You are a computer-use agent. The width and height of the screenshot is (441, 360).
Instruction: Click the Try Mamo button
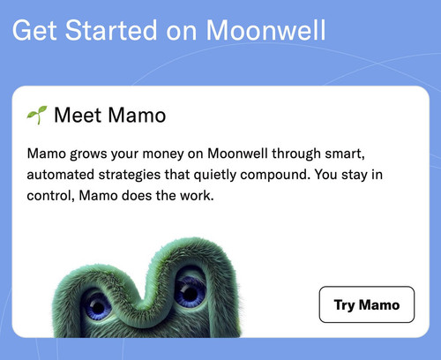(367, 304)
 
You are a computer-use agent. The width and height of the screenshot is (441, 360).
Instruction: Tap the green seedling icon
(37, 115)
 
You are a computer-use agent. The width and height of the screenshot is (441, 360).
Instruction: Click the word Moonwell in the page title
(265, 30)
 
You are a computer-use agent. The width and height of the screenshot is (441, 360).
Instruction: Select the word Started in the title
(111, 30)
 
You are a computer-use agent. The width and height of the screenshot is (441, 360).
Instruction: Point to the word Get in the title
(34, 30)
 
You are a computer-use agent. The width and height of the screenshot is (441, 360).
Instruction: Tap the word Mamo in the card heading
(137, 115)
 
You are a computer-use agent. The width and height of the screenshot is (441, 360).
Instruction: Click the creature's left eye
(97, 306)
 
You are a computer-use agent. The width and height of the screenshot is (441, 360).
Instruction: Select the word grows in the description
(88, 154)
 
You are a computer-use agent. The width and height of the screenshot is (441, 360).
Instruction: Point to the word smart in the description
(345, 154)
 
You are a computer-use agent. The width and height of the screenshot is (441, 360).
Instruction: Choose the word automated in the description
(61, 175)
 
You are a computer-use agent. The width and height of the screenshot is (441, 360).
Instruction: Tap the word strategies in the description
(130, 176)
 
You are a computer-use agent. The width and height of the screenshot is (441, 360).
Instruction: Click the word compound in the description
(275, 176)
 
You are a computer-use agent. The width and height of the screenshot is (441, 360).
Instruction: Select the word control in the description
(50, 196)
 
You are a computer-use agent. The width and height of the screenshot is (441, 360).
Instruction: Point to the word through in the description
(296, 154)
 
